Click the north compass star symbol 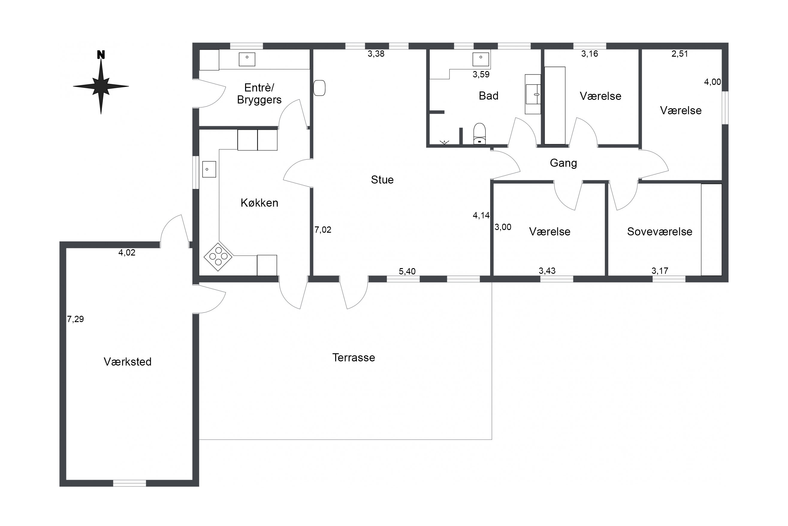tap(101, 86)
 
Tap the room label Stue tap(382, 180)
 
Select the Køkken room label tap(259, 203)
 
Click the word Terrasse tap(354, 357)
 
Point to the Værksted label tap(128, 362)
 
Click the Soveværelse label tap(660, 232)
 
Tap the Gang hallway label tap(563, 163)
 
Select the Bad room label tap(489, 96)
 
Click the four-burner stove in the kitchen tap(218, 257)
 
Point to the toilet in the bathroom tap(480, 133)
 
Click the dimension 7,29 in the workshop tap(76, 319)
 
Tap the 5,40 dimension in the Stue tap(407, 271)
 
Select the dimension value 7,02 tap(323, 230)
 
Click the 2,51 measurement tap(680, 54)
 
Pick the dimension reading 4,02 tap(127, 253)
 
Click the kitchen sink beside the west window tap(209, 169)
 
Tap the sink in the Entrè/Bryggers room tap(247, 59)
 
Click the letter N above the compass tap(101, 55)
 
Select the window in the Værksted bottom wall tap(129, 483)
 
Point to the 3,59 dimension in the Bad tap(481, 74)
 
